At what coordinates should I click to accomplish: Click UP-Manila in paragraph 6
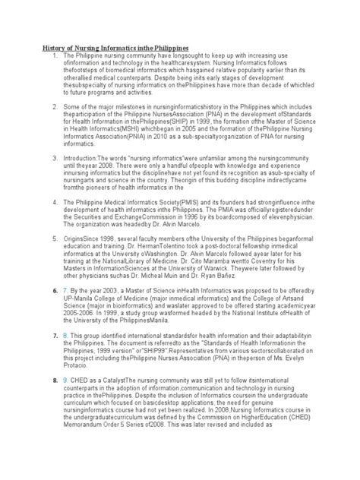78,320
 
